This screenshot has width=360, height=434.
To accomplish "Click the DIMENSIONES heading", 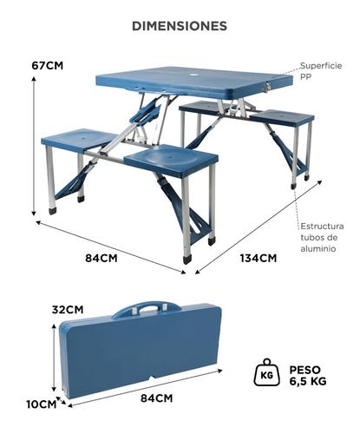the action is [x=180, y=26].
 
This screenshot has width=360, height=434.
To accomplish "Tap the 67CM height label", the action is [x=48, y=65].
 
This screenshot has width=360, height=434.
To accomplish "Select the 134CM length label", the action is [x=259, y=258].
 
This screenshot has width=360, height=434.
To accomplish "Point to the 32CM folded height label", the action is [x=68, y=310].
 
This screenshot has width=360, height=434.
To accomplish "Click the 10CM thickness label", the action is [x=42, y=404].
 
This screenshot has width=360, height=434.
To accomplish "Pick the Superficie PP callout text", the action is [x=321, y=71].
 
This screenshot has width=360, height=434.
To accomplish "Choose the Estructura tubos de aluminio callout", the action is [x=322, y=237].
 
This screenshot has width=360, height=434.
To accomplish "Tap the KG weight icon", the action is [x=266, y=372].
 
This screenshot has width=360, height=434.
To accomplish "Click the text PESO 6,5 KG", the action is [x=308, y=375].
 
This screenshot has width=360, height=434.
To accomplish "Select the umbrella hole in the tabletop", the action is [x=192, y=75].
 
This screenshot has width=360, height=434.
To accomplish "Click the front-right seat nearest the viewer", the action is [x=171, y=160].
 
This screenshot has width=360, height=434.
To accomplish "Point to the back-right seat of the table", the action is [x=282, y=118].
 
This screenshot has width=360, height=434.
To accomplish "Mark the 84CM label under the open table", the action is [x=101, y=258].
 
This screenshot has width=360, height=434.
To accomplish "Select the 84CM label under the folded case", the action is [x=157, y=398].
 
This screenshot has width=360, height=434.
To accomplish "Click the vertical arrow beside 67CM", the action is [x=34, y=146].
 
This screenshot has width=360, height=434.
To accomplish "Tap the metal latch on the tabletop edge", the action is [x=267, y=85].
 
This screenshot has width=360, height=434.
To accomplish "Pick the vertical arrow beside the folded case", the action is [x=54, y=358].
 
